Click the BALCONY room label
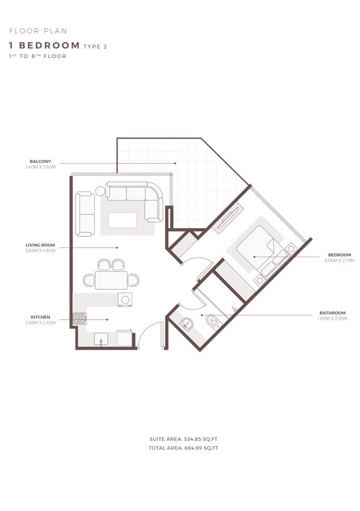pos(40,162)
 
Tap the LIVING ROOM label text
pos(40,245)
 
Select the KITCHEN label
pos(40,317)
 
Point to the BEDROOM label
pos(340,255)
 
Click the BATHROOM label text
pos(332,313)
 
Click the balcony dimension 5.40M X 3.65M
pos(40,167)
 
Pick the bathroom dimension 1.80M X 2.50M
pos(332,319)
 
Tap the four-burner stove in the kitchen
pos(79,319)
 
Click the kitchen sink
pos(101,340)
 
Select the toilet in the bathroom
pos(213,322)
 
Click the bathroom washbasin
pos(187,323)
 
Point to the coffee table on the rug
pos(123,220)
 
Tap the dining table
pos(111,280)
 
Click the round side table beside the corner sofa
pos(101,191)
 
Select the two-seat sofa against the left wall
pos(85,214)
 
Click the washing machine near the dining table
pos(125,299)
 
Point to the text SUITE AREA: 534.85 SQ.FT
pos(183,439)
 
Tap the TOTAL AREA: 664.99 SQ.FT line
pos(183,448)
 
